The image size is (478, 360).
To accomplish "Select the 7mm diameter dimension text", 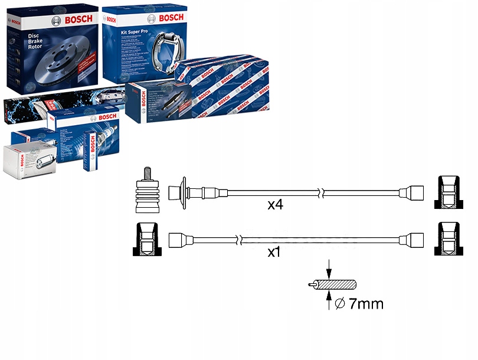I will pos(358,304).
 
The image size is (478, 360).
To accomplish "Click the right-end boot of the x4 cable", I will pos(412,193).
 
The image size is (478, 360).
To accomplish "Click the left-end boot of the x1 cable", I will pos(179,240).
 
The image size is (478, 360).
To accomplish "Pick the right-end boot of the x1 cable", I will pos(412,240).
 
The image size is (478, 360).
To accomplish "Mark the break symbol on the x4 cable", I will pos(320,193).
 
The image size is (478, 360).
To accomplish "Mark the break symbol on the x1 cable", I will pos(240,240).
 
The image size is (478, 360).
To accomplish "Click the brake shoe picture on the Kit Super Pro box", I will pos(162,56).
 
